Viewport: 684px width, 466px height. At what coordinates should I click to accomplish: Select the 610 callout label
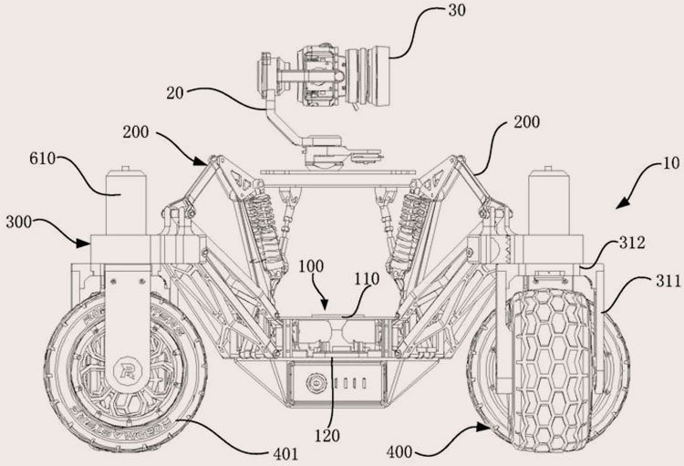(x=43, y=157)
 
